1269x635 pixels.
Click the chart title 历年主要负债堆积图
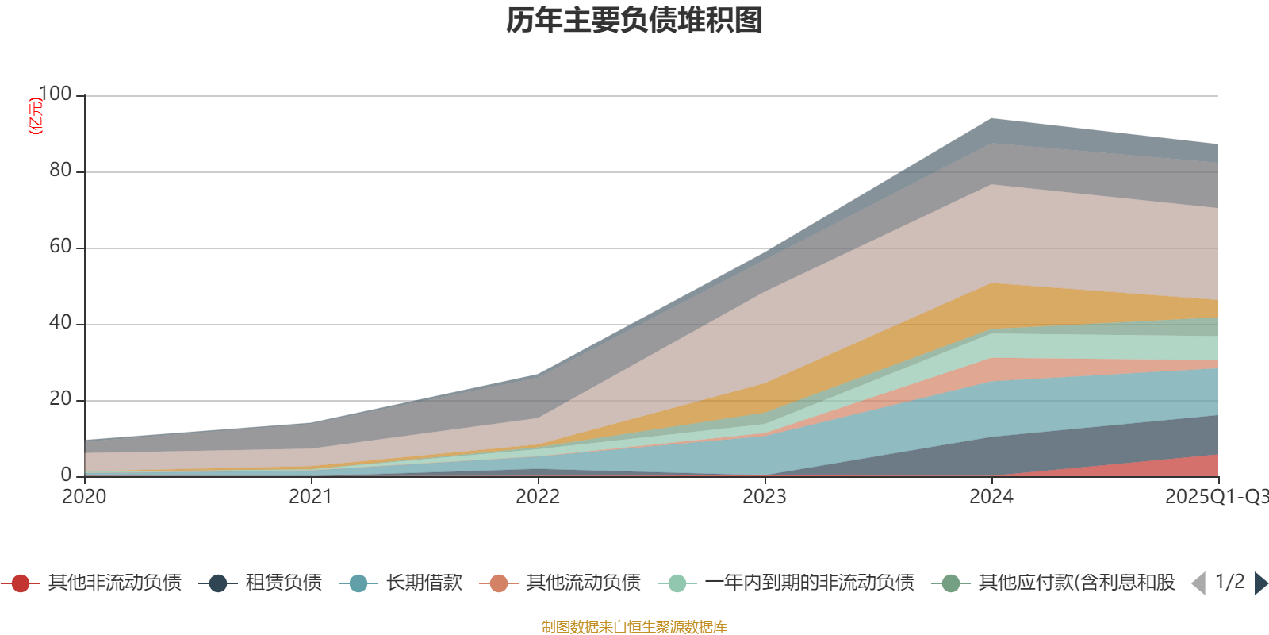point(634,21)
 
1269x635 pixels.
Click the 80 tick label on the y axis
point(59,171)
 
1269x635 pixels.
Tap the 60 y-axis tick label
point(59,247)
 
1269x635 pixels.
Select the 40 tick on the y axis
point(59,323)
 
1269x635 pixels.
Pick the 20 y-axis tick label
point(59,399)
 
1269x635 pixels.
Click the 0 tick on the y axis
point(66,475)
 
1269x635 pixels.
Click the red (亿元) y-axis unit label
point(35,116)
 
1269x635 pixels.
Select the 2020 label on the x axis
point(84,497)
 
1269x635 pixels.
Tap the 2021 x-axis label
point(311,497)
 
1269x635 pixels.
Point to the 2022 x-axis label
point(538,497)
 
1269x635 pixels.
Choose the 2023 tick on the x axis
point(765,497)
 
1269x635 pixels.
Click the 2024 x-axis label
point(991,497)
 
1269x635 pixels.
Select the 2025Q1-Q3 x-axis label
point(1215,497)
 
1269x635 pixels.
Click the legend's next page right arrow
point(1260,583)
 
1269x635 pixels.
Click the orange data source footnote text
point(634,627)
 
